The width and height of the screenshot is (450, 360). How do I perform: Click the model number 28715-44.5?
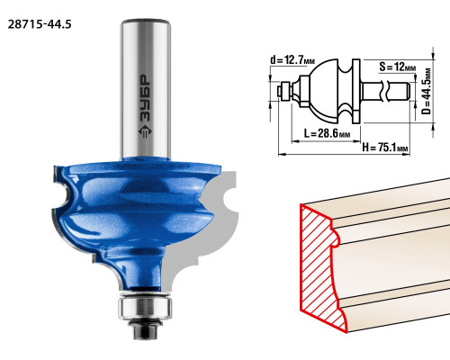(x=40, y=24)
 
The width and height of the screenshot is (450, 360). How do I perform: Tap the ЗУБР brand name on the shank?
(x=146, y=98)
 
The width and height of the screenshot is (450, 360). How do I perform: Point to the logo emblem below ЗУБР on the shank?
(x=146, y=131)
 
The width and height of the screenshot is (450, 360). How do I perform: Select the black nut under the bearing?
(x=146, y=329)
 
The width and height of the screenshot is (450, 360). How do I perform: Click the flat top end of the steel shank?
(x=146, y=22)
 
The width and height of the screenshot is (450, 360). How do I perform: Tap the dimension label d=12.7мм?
(x=292, y=60)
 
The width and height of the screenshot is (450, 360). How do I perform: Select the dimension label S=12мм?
(x=398, y=67)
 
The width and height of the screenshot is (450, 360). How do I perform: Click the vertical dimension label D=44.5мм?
(x=426, y=91)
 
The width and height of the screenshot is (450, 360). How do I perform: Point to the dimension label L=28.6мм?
(x=327, y=133)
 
